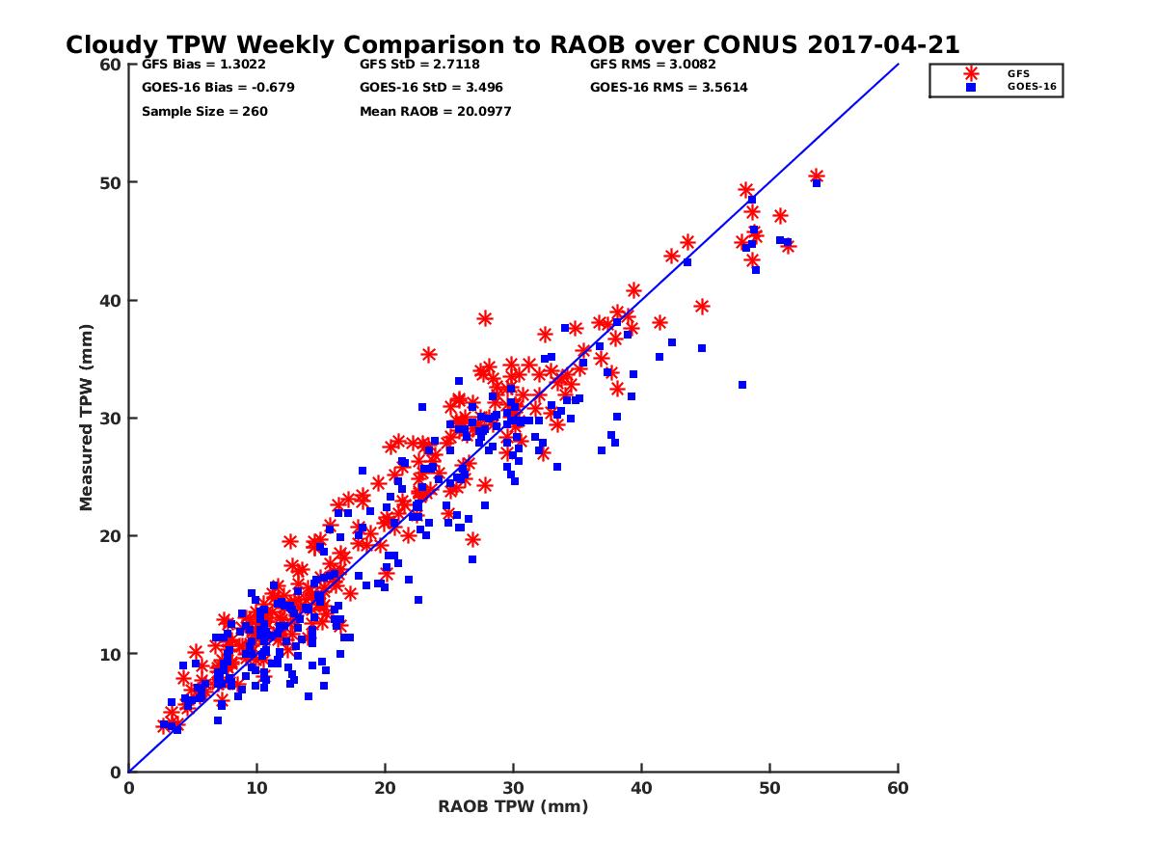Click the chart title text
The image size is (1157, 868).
click(512, 44)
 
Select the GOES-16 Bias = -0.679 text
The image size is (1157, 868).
click(218, 88)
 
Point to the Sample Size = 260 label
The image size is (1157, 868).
click(204, 111)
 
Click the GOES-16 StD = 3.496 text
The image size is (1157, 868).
click(431, 88)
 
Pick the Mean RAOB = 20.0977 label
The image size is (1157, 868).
click(435, 111)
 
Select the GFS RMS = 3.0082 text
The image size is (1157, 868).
click(654, 66)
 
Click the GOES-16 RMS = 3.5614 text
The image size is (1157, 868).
click(668, 88)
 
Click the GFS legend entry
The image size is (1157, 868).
click(1018, 72)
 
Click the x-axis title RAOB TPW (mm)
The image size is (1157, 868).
click(513, 807)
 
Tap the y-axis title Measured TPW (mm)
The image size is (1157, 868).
click(87, 418)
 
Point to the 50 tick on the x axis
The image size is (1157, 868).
click(769, 789)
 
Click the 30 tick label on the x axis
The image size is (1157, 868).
click(513, 789)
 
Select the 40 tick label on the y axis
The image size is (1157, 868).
click(112, 301)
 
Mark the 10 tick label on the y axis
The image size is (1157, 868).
click(112, 654)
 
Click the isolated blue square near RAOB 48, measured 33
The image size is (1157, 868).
click(742, 385)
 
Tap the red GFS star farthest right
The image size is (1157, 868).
click(816, 176)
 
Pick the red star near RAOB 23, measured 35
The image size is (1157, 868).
click(429, 355)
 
